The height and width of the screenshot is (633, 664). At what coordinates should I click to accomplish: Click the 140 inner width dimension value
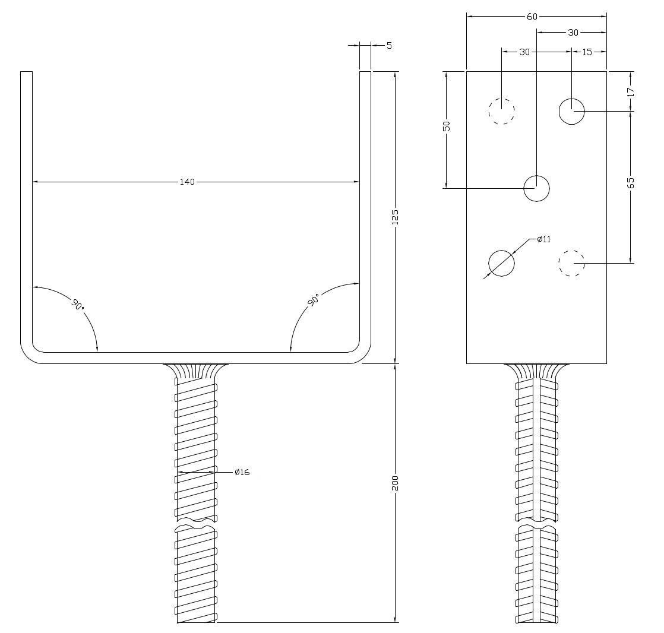pos(187,182)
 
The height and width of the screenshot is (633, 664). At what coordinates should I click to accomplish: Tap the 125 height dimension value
pos(395,217)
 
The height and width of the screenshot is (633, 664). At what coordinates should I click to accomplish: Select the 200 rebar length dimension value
pos(395,483)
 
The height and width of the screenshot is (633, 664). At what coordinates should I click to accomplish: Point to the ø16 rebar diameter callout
pos(242,472)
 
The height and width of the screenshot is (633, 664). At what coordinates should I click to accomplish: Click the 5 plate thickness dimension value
pos(389,45)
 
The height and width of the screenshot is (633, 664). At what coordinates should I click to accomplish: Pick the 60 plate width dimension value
pos(532,17)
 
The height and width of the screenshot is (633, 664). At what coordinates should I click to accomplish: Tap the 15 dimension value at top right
pos(587,52)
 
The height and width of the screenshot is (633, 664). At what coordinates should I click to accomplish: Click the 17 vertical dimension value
pos(631,92)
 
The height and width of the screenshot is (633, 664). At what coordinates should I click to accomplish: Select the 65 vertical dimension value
pos(631,183)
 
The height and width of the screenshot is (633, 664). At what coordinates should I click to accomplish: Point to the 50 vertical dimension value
pos(447,126)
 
